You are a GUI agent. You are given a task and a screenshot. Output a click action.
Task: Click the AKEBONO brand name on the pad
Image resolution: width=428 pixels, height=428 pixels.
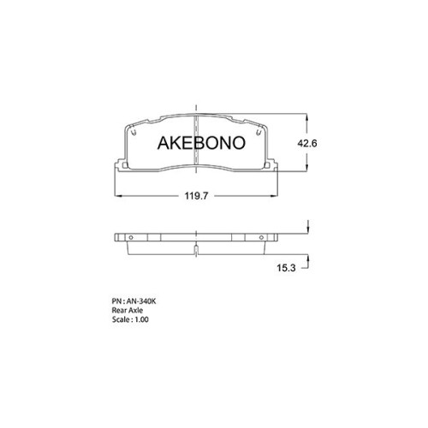click(201, 143)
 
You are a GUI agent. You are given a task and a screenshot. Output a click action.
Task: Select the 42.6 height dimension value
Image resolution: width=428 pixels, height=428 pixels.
click(307, 143)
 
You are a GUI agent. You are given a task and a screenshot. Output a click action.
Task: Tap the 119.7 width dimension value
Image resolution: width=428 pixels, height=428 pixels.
click(196, 196)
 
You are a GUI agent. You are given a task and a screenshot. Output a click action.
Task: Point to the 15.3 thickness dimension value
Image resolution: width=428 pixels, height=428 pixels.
click(286, 268)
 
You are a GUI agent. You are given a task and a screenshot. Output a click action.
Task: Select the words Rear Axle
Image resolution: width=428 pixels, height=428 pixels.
click(128, 310)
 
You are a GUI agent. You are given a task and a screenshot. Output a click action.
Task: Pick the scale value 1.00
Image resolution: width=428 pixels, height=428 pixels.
click(141, 319)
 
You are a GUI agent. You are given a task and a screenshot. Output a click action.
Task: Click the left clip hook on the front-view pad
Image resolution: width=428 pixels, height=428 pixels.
click(133, 131)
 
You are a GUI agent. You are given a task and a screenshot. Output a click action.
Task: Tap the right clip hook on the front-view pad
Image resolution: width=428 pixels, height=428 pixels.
click(259, 131)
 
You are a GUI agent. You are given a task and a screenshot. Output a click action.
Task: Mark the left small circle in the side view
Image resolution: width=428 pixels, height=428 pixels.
click(131, 237)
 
